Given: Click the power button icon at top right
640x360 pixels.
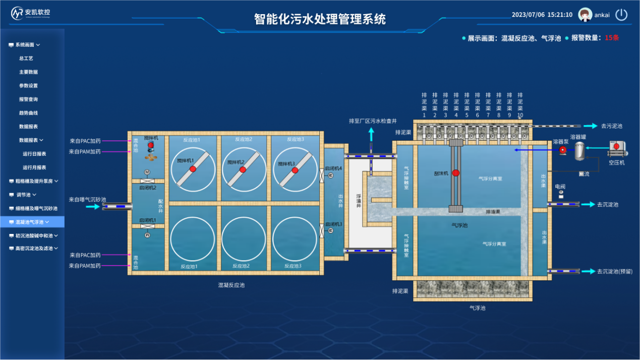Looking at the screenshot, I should [621, 15].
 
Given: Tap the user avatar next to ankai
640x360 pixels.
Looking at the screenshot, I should [585, 15].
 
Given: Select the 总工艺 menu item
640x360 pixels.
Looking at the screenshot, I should [26, 58].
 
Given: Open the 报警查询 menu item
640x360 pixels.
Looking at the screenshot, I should [28, 99].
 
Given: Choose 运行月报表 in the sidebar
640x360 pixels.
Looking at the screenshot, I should [34, 167].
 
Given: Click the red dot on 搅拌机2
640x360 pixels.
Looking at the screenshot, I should [243, 170].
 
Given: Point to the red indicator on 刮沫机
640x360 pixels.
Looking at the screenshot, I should [456, 173].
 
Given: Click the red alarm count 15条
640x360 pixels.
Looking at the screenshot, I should [612, 38].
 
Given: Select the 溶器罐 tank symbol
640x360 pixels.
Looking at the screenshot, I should [579, 150].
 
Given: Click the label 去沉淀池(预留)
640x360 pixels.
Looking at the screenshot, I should [615, 271].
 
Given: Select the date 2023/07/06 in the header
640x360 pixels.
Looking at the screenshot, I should [528, 15].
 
